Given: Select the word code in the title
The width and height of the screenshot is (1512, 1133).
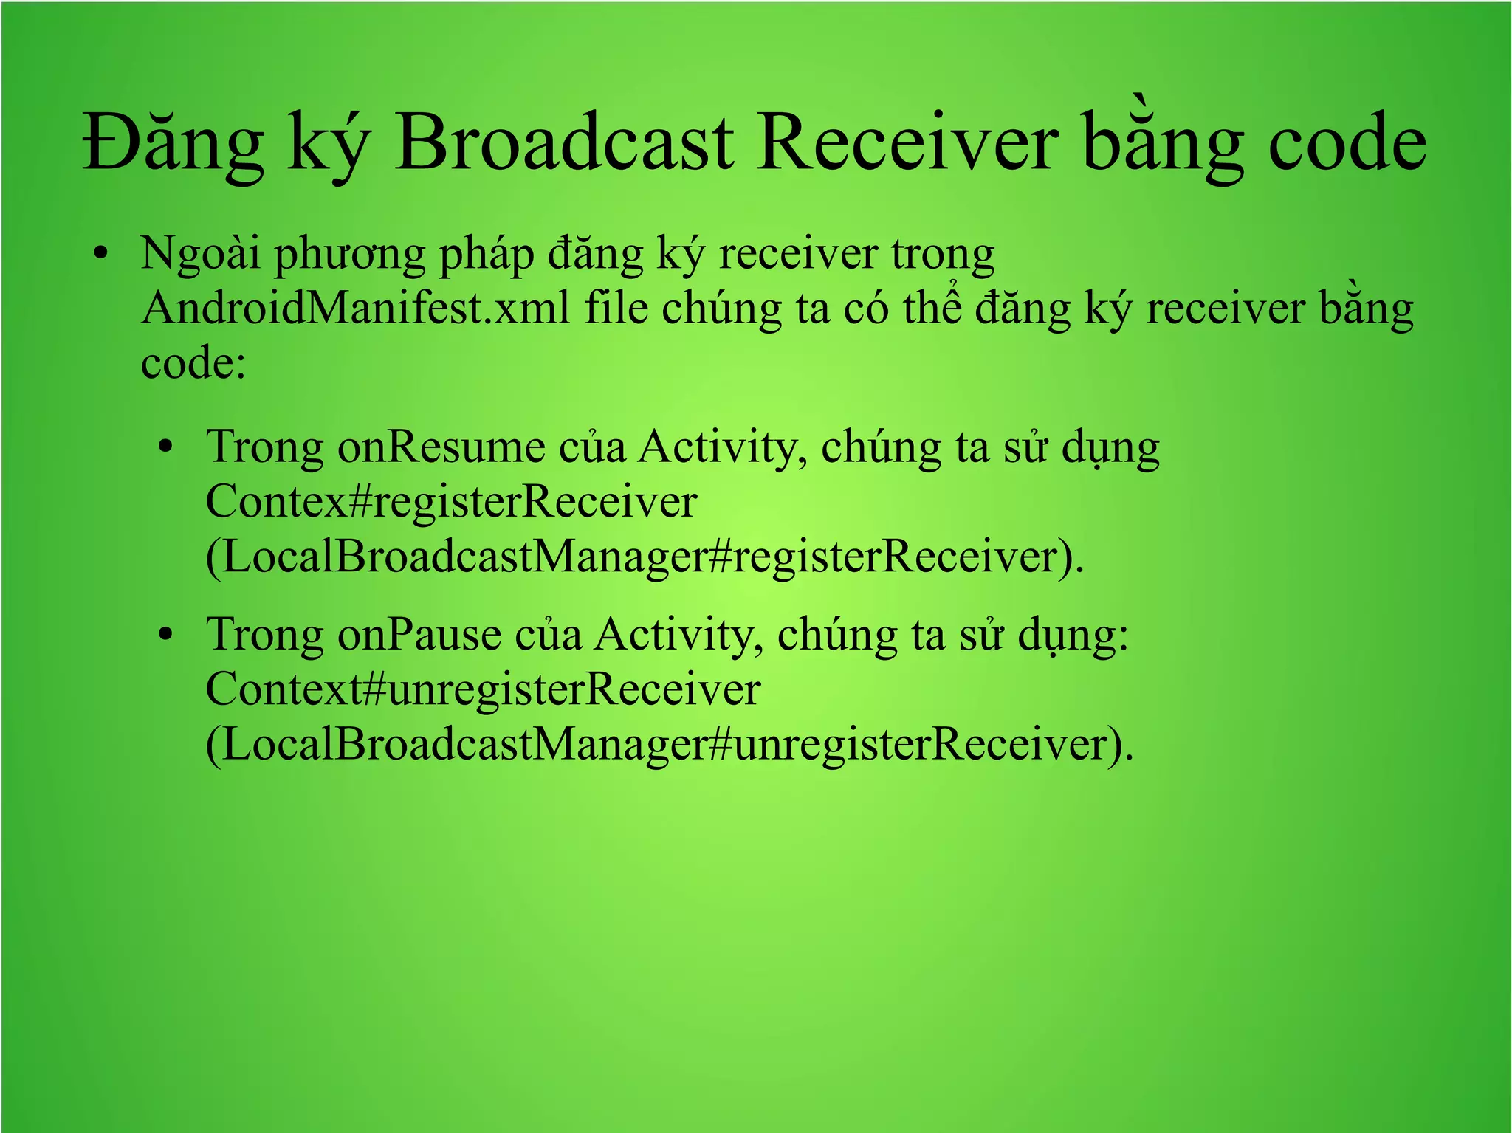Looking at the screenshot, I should tap(1347, 144).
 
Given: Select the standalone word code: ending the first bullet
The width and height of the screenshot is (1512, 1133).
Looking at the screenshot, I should tap(193, 363).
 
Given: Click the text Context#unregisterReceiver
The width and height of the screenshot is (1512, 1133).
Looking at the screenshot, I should tap(482, 689).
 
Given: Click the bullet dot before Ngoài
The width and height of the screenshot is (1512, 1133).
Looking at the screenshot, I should tap(101, 255).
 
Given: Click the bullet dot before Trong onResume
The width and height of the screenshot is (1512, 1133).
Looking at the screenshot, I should tap(166, 447).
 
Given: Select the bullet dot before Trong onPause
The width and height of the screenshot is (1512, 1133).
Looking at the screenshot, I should tap(166, 635).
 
